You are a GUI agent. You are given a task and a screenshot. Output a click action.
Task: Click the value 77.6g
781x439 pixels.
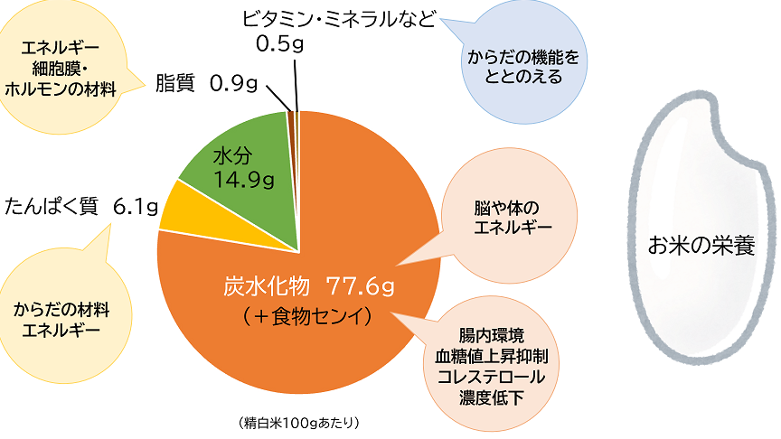pos(362,286)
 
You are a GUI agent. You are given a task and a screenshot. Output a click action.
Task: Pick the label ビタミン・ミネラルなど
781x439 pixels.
pos(340,18)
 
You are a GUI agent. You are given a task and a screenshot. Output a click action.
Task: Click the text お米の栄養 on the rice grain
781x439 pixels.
pos(701,244)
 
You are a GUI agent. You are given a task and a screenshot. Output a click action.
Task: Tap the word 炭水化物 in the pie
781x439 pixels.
pos(268,286)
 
